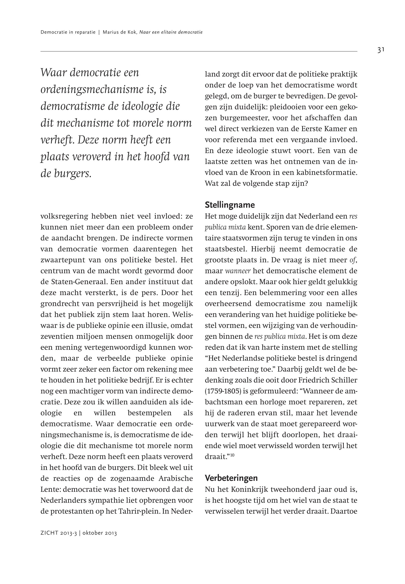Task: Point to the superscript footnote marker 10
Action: click(232, 455)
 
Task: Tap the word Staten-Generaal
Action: click(75, 282)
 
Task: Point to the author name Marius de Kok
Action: click(119, 32)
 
